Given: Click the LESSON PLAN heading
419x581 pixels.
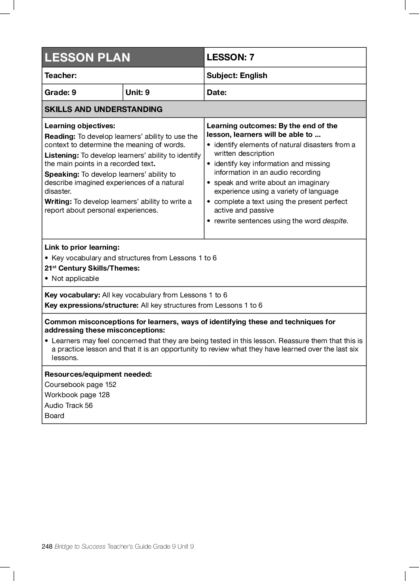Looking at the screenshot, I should point(87,58).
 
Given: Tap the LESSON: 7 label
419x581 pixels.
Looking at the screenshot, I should point(230,57).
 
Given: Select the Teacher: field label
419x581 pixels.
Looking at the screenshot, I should point(61,76).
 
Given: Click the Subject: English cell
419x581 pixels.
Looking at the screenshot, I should point(237,76).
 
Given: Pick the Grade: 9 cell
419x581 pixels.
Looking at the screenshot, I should point(60,93).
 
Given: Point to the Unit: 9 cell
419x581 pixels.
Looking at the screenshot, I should point(137,93).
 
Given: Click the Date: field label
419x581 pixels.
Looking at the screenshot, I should point(217,93).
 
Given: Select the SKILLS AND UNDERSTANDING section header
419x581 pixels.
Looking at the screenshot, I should point(103,110).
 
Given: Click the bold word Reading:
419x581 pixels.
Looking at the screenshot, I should point(60,136).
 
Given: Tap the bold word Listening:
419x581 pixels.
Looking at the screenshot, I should point(62,155).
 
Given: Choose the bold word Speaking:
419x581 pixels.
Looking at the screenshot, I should point(62,174).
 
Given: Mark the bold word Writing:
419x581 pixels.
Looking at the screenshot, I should point(58,202).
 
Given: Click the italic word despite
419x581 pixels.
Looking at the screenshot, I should point(335,221).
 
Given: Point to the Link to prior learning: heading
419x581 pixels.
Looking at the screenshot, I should point(82,247).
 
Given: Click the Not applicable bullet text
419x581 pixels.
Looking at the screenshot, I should point(75,278).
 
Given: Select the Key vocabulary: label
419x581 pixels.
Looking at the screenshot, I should point(72,295).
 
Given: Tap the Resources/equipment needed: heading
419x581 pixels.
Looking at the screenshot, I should point(98,374).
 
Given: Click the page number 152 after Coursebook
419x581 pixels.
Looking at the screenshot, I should point(110,385).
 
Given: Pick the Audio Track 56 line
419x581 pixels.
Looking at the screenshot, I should point(69,405).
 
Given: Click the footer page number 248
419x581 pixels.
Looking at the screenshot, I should point(47,546).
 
